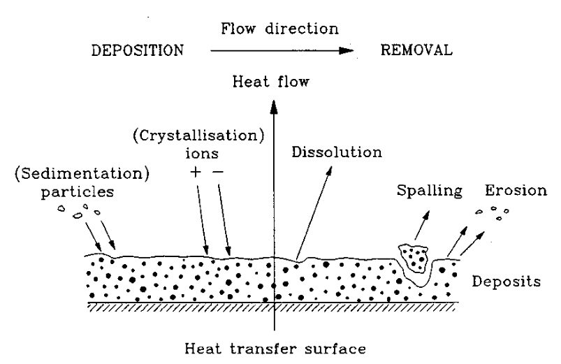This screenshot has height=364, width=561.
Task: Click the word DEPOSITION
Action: (x=137, y=51)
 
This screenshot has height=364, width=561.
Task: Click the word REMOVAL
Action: (x=417, y=50)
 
